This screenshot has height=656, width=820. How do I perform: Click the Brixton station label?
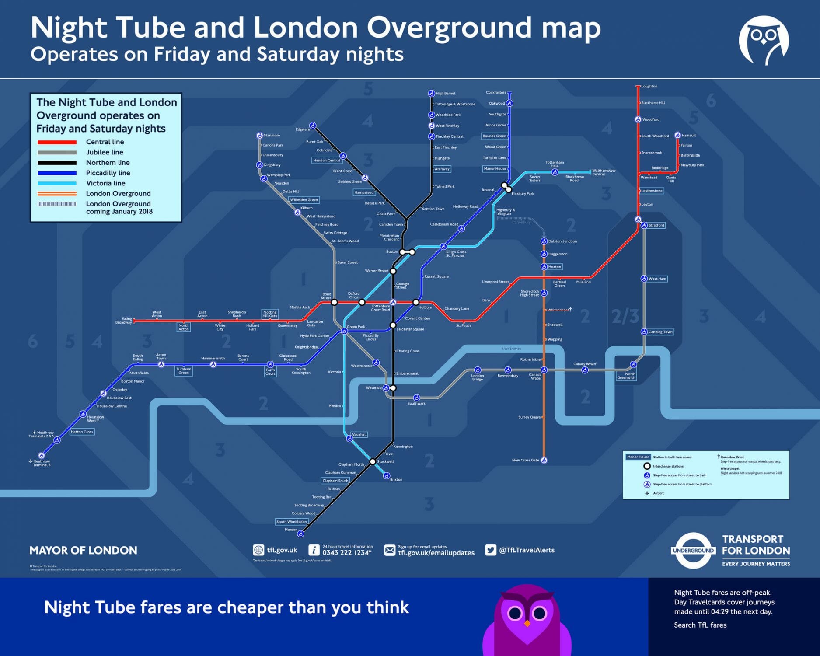396,479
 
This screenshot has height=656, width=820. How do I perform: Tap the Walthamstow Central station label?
604,172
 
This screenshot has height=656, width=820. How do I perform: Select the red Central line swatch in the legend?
57,142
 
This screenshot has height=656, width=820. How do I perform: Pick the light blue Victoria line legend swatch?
57,184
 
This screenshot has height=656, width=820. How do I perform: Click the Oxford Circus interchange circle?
362,302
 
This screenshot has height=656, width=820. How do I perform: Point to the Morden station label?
291,530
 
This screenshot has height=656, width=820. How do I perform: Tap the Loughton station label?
649,87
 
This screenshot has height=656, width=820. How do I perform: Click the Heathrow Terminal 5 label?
42,463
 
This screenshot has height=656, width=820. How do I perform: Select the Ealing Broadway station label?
124,321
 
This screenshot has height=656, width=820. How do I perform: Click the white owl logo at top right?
764,40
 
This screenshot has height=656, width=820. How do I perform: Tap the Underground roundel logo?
693,550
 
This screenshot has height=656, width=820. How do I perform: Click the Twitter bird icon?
491,550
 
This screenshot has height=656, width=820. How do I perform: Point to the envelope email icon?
390,550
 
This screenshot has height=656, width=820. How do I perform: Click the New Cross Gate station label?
525,460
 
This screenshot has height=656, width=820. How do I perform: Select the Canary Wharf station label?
585,364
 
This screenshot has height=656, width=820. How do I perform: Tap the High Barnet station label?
445,94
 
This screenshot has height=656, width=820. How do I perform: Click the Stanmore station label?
272,136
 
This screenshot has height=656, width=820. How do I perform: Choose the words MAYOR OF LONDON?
83,550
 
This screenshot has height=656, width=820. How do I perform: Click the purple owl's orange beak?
527,623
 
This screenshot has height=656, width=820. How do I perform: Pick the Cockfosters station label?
496,93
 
